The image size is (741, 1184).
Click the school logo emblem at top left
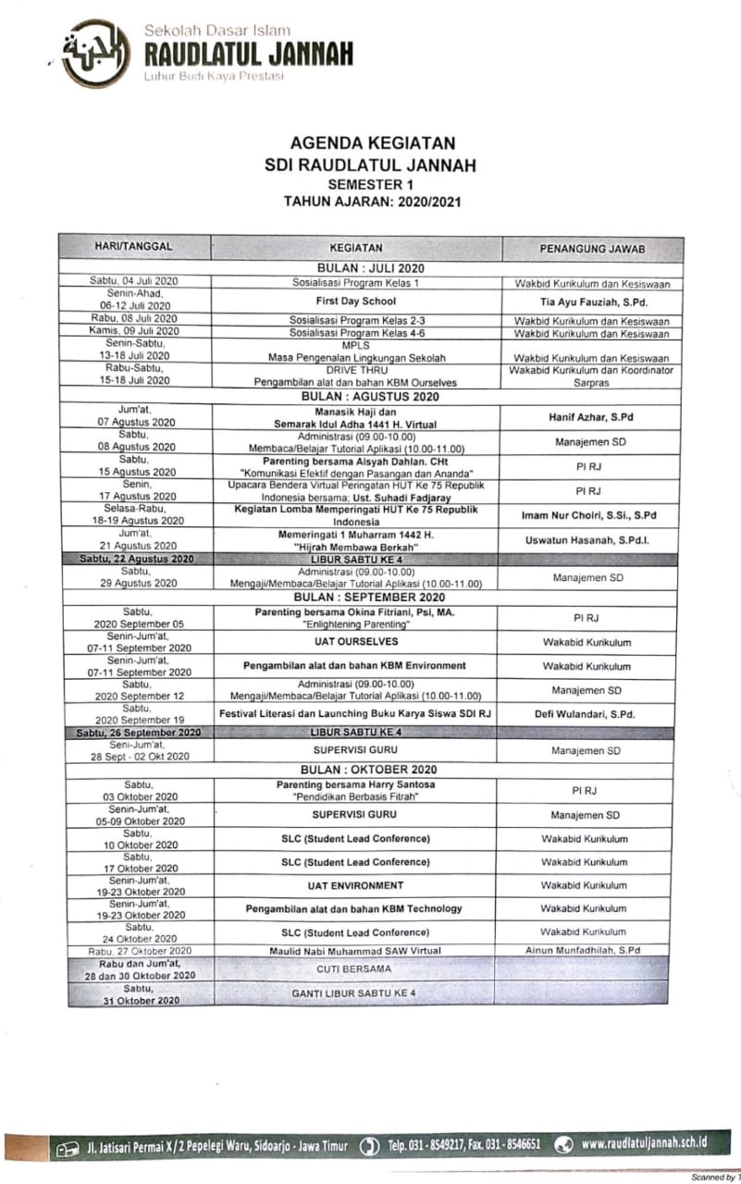[x=95, y=53]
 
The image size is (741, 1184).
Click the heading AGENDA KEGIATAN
[x=372, y=144]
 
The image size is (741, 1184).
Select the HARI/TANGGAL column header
[x=134, y=247]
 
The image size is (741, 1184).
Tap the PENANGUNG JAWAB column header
[x=592, y=249]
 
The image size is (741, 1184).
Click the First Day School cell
[x=356, y=301]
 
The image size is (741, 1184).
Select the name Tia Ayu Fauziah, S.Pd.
[x=592, y=302]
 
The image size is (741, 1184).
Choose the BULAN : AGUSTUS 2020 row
[x=370, y=396]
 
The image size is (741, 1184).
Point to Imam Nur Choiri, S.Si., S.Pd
[x=590, y=514]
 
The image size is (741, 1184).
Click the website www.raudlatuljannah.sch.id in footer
[x=644, y=1143]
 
